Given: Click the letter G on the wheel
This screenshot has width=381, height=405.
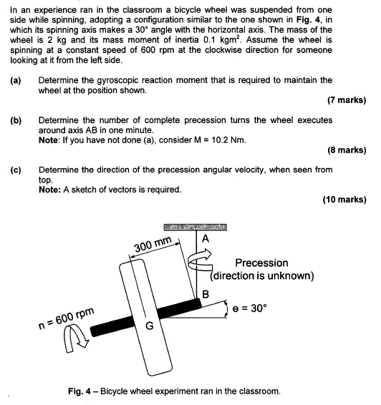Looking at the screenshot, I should coord(150,326).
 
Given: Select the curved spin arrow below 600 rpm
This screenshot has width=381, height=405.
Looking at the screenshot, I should coord(75,341).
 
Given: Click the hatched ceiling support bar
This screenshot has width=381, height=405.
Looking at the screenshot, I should coord(194,226).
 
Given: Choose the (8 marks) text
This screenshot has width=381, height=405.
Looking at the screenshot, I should coord(347,150).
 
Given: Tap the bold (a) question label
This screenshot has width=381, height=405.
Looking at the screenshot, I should coord(15,80).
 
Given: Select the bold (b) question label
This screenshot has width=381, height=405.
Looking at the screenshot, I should coord(15,119).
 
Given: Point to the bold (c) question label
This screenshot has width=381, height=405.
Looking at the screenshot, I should coord(15,170).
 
